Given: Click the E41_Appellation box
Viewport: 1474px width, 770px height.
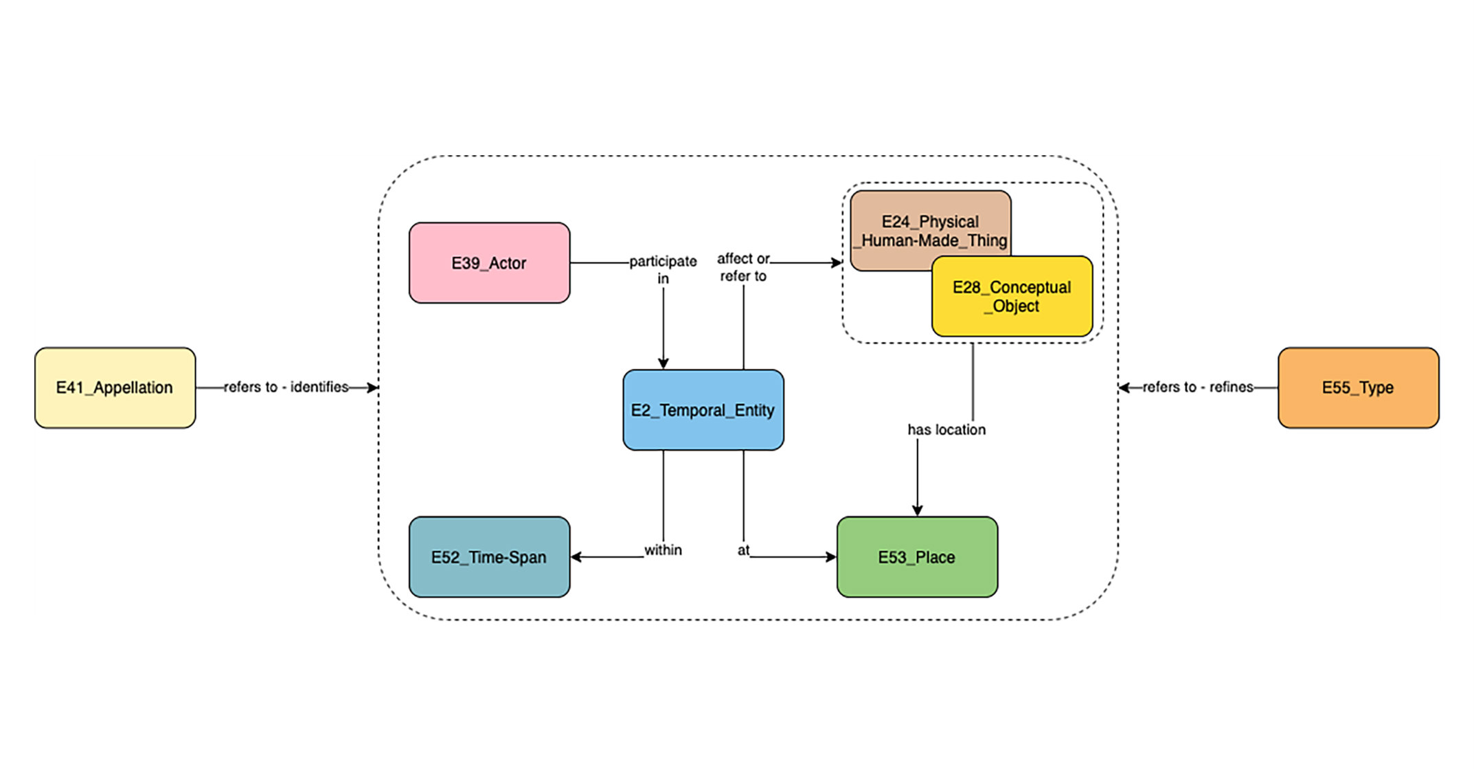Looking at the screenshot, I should coord(115,387).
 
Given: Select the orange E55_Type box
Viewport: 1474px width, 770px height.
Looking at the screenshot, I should coord(1357,387).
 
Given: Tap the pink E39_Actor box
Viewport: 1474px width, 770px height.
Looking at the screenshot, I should coord(489,262).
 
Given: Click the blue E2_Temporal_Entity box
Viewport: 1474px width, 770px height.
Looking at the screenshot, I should coord(703,410).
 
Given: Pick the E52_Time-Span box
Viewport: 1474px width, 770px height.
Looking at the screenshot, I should coord(489,556).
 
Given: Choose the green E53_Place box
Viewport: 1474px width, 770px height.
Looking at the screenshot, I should coord(916,556).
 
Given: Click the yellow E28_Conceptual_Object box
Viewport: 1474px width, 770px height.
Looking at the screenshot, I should coord(1011,297).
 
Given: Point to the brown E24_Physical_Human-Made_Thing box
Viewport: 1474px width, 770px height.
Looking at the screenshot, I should coord(907,222).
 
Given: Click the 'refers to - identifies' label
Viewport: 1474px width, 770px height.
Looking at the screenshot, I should coord(286,387).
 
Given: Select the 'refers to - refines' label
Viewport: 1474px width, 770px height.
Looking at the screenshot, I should coord(1197,387).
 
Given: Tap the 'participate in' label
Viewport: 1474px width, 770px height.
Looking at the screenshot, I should coord(663,269).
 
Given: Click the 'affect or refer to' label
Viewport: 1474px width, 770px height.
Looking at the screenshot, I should coord(743,267).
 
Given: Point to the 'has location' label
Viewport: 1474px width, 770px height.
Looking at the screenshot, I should coord(946,429).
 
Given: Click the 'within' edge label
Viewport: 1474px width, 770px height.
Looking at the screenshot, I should coord(663,550).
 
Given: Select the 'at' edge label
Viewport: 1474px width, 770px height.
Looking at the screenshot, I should coord(743,550).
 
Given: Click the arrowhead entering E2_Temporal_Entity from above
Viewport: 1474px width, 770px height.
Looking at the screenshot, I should coord(663,363).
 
